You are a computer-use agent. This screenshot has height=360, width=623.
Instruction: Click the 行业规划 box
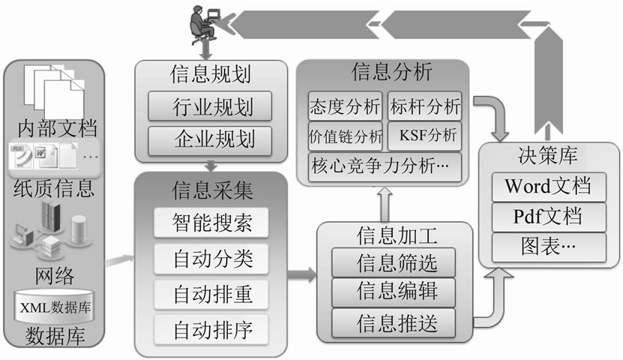click(x=211, y=106)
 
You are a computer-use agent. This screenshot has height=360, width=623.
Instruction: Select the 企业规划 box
click(x=211, y=139)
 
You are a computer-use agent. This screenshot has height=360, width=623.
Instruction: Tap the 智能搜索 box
click(x=211, y=223)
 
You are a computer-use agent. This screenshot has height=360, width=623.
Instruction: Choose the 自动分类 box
click(x=211, y=259)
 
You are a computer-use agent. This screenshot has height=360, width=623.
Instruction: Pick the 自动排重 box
click(x=211, y=293)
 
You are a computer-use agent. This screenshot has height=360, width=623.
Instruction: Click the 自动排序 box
click(x=211, y=328)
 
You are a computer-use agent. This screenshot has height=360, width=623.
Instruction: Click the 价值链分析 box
click(x=346, y=136)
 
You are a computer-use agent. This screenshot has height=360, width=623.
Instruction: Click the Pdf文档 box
click(x=549, y=217)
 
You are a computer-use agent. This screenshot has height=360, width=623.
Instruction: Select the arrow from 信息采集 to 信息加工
click(x=302, y=274)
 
